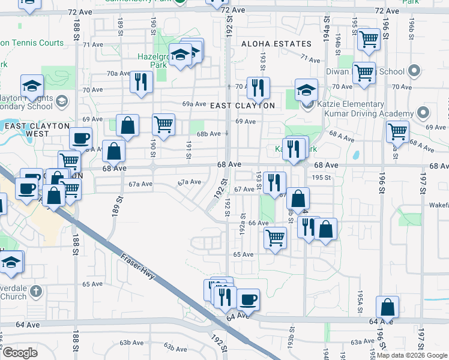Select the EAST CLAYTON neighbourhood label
click(243, 106)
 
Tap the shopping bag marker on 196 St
click(388, 307)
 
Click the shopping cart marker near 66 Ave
click(276, 237)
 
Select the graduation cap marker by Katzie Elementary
click(306, 90)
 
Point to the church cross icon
click(36, 292)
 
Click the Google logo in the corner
click(20, 353)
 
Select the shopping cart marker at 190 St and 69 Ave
click(163, 124)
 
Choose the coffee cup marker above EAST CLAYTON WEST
click(80, 137)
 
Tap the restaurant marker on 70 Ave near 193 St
click(258, 87)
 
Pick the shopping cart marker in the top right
click(369, 40)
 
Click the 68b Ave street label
click(209, 133)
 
